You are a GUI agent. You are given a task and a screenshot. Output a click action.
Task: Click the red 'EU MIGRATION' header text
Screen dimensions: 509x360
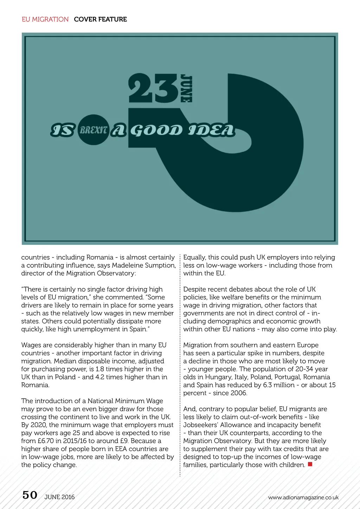[45, 19]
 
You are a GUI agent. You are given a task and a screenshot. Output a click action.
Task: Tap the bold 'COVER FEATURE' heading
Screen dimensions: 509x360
[100, 19]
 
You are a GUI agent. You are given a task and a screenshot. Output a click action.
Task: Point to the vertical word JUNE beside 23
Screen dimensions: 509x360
[186, 88]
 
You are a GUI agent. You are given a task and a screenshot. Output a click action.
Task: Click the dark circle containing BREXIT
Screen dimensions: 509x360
[93, 130]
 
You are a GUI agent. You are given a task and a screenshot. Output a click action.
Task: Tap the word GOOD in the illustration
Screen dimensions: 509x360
[156, 131]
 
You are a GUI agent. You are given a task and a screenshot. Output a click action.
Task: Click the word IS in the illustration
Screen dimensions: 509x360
[63, 130]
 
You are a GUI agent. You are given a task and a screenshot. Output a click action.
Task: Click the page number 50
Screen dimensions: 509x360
[30, 495]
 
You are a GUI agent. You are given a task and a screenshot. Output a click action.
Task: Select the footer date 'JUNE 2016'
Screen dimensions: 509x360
[59, 497]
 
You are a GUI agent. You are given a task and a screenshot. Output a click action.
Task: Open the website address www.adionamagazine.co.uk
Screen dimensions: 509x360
[303, 497]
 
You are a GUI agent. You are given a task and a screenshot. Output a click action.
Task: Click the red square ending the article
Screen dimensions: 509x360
[310, 464]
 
